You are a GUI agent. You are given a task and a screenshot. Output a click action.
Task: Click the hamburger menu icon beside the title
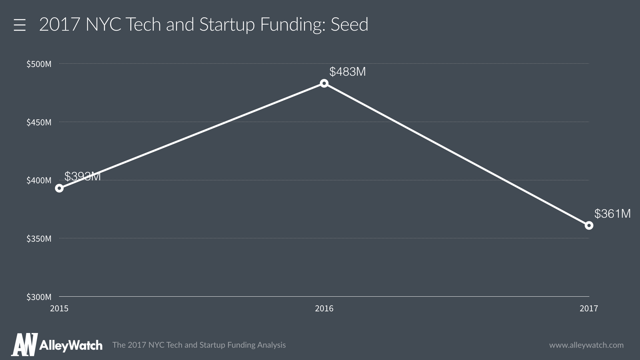coord(20,25)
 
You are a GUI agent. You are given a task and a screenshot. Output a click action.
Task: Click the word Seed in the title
coord(349,24)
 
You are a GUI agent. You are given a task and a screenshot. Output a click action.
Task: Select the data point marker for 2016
coord(324,83)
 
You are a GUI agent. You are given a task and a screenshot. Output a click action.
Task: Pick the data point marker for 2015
coord(59,188)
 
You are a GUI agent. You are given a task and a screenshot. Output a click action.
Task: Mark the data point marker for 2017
coord(589,226)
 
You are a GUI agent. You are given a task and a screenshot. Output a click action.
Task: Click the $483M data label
coord(347,72)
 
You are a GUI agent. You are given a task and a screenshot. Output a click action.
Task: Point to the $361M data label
coord(612,214)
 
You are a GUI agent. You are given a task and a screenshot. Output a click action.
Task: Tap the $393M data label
coord(82,176)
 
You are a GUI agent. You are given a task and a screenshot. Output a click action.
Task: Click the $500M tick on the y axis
coord(39,64)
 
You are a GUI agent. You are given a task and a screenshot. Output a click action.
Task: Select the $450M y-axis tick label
coord(39,122)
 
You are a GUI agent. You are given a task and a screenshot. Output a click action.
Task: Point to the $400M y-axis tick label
coord(39,180)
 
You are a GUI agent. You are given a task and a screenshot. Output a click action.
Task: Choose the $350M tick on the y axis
coord(39,239)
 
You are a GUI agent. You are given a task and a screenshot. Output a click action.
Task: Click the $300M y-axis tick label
coord(39,297)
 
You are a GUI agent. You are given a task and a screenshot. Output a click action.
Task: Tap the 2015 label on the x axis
coord(59,309)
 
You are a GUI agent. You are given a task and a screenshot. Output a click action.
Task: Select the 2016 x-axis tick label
coord(324,309)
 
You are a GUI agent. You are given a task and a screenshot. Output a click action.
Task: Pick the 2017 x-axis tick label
coord(589,309)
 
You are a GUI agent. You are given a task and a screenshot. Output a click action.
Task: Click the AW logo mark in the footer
coord(24,345)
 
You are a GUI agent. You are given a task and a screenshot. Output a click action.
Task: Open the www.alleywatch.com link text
coord(586,345)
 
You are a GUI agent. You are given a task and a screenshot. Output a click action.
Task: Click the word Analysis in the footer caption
coord(271,345)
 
